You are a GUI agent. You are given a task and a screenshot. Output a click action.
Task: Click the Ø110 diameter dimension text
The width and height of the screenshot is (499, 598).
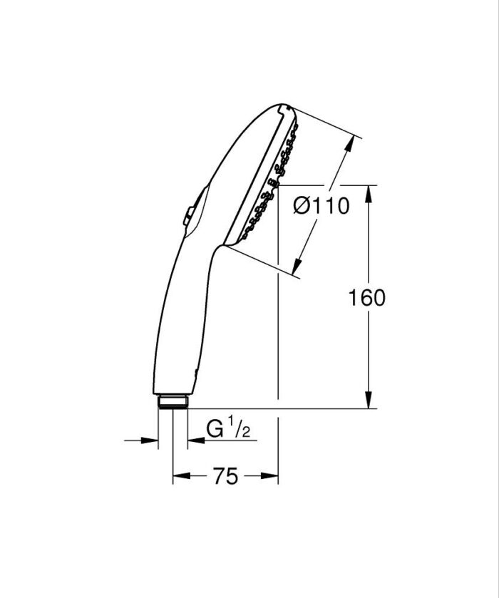[x=321, y=207]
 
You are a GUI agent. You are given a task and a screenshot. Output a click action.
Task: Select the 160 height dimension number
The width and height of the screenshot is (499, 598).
[x=368, y=297]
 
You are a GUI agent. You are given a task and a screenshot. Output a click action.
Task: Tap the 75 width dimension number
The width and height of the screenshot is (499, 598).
[x=225, y=477]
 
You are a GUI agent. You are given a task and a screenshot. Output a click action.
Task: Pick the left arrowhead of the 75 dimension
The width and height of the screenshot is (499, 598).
[x=179, y=477]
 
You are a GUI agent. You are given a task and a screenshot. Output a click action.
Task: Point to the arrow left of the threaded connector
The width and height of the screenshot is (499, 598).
[x=151, y=440]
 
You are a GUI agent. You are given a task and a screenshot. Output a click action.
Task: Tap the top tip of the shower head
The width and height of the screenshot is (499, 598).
[x=282, y=107]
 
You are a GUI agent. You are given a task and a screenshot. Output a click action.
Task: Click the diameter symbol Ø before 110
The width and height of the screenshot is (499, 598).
[x=302, y=207]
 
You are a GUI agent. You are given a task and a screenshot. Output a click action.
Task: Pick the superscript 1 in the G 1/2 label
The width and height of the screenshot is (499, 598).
[x=232, y=424]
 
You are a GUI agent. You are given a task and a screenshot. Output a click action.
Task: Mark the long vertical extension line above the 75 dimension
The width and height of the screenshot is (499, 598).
[x=277, y=321]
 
